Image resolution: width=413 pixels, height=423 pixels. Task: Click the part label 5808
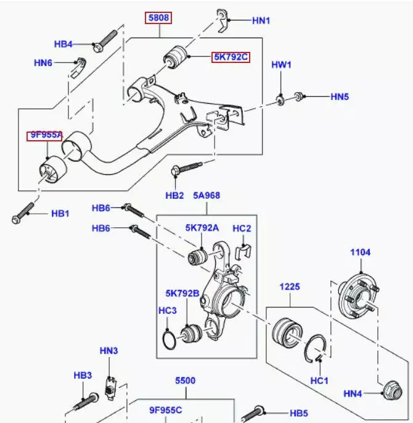158,18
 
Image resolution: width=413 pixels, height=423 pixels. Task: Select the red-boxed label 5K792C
231,57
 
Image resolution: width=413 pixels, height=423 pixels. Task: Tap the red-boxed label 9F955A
44,135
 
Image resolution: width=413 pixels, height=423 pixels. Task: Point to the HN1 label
261,20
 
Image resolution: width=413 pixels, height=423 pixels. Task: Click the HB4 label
63,44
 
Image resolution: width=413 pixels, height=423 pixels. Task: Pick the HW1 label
282,65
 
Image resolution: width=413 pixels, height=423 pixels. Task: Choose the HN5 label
340,96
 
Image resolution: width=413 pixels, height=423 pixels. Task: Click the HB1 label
60,214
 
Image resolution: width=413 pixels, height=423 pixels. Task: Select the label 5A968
206,196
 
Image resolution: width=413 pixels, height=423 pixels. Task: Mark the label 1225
289,287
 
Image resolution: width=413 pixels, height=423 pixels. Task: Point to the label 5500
185,381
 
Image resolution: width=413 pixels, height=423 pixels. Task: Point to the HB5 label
298,413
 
